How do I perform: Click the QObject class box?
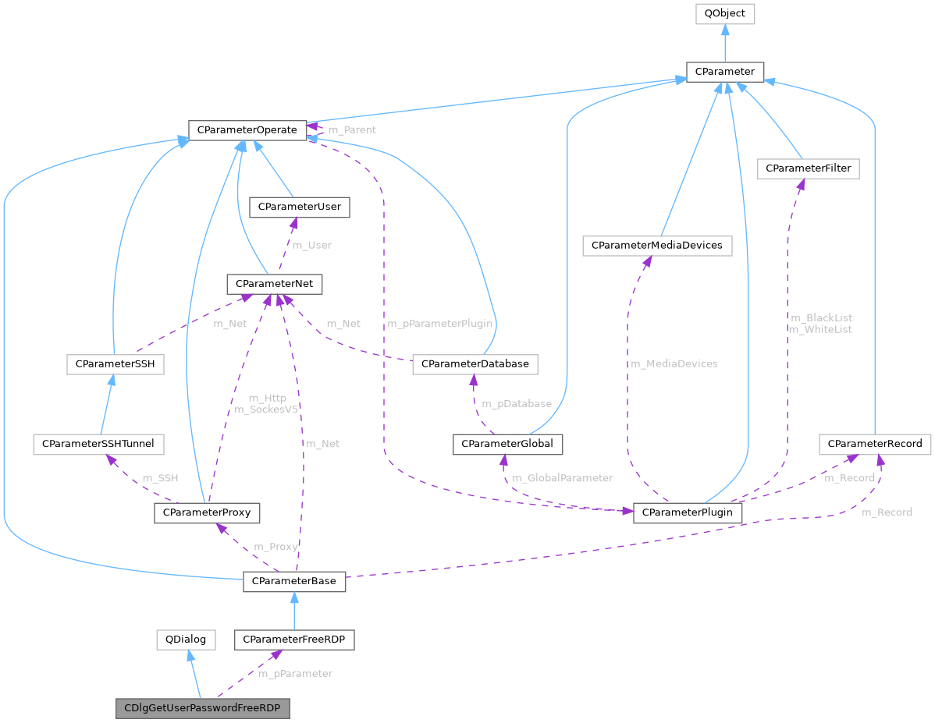pos(724,14)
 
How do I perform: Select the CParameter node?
pos(724,72)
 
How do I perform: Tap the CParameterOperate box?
pos(247,130)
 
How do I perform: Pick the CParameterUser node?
pos(299,207)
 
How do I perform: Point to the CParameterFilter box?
pos(808,168)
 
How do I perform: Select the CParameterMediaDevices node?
pos(657,246)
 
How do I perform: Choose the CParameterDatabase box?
pos(475,364)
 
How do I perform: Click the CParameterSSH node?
pos(116,364)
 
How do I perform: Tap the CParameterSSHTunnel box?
pos(98,444)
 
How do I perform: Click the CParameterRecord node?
pos(874,444)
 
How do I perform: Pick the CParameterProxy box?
pos(207,513)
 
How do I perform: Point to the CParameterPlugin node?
pos(687,513)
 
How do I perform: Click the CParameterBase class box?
pos(294,581)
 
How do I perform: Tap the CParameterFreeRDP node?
pos(294,640)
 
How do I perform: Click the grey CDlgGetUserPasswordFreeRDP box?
pos(202,709)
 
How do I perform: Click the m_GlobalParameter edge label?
pos(561,478)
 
